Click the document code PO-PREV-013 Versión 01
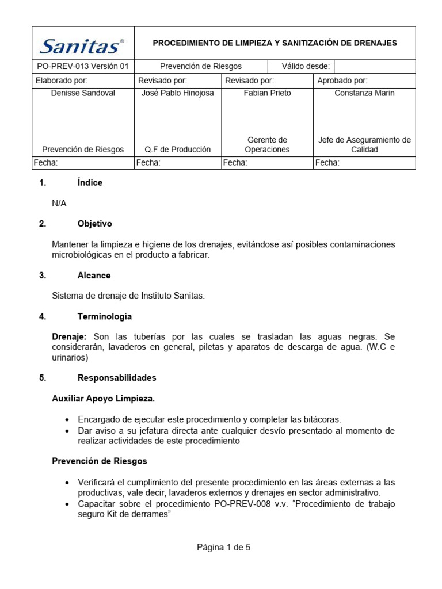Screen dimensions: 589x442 [x=82, y=66]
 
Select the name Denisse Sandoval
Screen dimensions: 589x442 [x=83, y=93]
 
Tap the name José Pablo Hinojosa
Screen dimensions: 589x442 [x=177, y=93]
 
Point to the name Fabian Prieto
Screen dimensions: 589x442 [x=267, y=93]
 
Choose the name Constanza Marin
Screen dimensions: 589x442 [x=364, y=93]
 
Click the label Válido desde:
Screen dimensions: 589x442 [x=305, y=66]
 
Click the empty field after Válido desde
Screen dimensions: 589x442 [x=374, y=66]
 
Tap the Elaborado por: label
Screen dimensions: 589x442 [x=62, y=81]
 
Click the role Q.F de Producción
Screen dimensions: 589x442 [x=177, y=150]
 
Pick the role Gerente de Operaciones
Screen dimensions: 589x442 [x=267, y=144]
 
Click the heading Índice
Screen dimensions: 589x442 [x=90, y=183]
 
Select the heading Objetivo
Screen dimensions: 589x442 [x=94, y=224]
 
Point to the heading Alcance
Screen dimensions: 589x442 [x=94, y=276]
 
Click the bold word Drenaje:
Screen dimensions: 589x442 [x=69, y=336]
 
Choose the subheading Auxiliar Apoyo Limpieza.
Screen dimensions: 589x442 [x=103, y=398]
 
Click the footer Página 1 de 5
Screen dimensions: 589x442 [x=224, y=548]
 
